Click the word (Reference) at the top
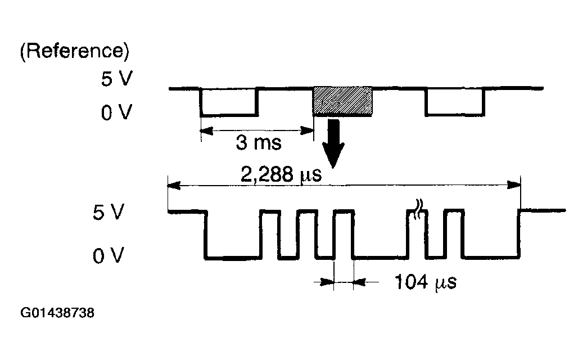click(74, 51)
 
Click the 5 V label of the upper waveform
click(116, 79)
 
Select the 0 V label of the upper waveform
click(116, 112)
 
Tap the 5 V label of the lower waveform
click(108, 212)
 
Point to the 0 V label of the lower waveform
click(108, 256)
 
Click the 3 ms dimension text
click(259, 142)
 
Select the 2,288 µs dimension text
click(281, 174)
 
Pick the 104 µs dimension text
click(426, 282)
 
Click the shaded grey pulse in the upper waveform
click(342, 101)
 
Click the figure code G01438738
click(57, 313)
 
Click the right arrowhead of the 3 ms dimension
click(308, 130)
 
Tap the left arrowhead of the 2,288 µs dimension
click(174, 185)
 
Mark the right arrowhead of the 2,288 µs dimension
click(514, 185)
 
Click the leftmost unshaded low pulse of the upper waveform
click(229, 115)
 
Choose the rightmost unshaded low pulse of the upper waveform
click(454, 115)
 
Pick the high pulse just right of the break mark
click(454, 211)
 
